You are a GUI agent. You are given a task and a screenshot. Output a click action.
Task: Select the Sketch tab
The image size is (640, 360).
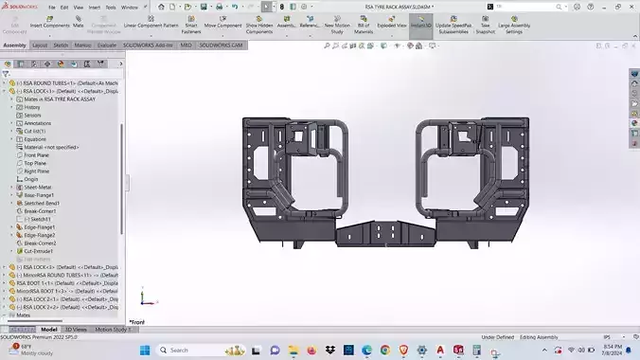[60, 45]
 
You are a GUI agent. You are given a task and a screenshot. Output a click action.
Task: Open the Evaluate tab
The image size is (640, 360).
[107, 45]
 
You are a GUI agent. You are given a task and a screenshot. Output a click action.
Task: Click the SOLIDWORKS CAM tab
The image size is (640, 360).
[222, 45]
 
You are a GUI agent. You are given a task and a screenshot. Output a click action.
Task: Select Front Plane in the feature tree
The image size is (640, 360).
[38, 155]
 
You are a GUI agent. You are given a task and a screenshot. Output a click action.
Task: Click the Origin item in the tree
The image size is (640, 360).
[31, 179]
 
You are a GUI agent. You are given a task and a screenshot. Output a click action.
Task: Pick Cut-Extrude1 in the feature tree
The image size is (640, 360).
[40, 250]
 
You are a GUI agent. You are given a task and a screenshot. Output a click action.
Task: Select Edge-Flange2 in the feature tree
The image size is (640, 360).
[41, 235]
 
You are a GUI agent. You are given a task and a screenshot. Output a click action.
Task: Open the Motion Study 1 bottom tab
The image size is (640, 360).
[111, 329]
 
